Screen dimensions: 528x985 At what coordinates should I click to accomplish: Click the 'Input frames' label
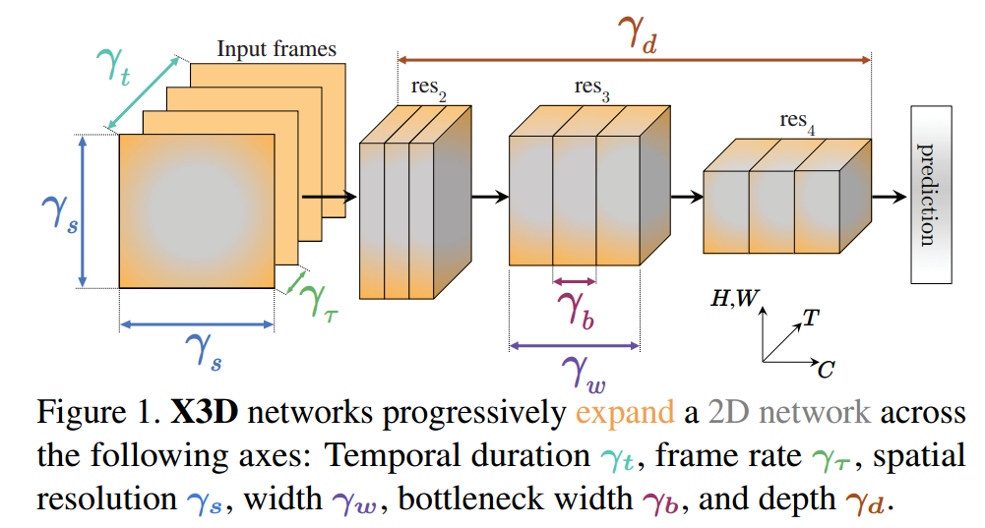click(x=277, y=49)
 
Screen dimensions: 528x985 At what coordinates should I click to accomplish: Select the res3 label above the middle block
click(x=592, y=88)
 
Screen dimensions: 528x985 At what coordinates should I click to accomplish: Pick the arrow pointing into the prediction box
click(x=889, y=197)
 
